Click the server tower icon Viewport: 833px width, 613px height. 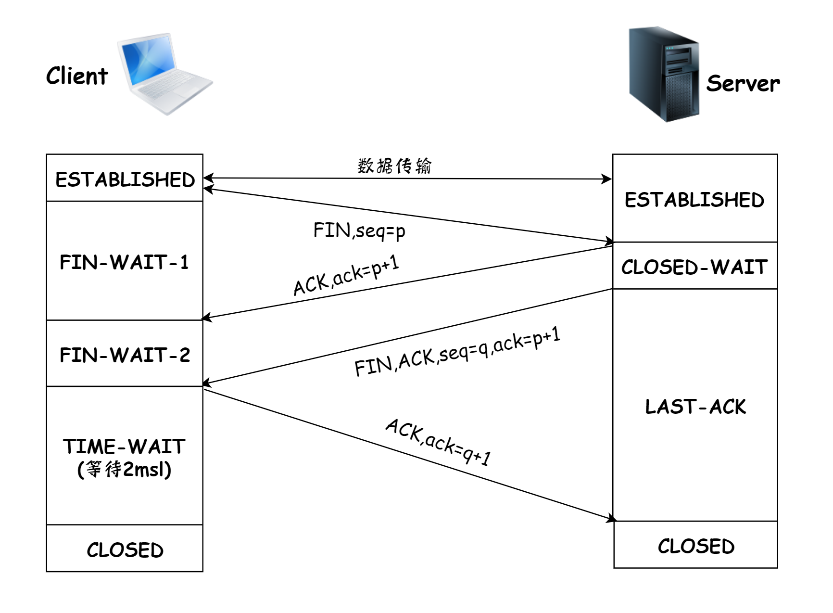pyautogui.click(x=664, y=74)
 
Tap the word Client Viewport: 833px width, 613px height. pyautogui.click(x=77, y=76)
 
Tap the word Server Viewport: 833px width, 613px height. pyautogui.click(x=743, y=84)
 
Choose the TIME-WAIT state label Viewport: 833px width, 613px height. pyautogui.click(x=124, y=447)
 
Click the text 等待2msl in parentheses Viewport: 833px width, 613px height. pyautogui.click(x=124, y=470)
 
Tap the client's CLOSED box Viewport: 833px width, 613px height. pyautogui.click(x=125, y=549)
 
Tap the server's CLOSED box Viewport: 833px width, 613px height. pyautogui.click(x=695, y=546)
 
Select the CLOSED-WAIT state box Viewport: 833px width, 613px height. pyautogui.click(x=694, y=267)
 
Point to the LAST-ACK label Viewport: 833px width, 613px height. pyautogui.click(x=695, y=407)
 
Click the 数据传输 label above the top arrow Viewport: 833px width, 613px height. pyautogui.click(x=394, y=166)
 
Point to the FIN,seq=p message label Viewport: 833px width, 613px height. pyautogui.click(x=359, y=231)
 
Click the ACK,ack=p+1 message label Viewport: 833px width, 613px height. pyautogui.click(x=346, y=275)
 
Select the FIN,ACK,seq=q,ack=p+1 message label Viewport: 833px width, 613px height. pyautogui.click(x=457, y=352)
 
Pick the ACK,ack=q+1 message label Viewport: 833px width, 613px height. pyautogui.click(x=438, y=442)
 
